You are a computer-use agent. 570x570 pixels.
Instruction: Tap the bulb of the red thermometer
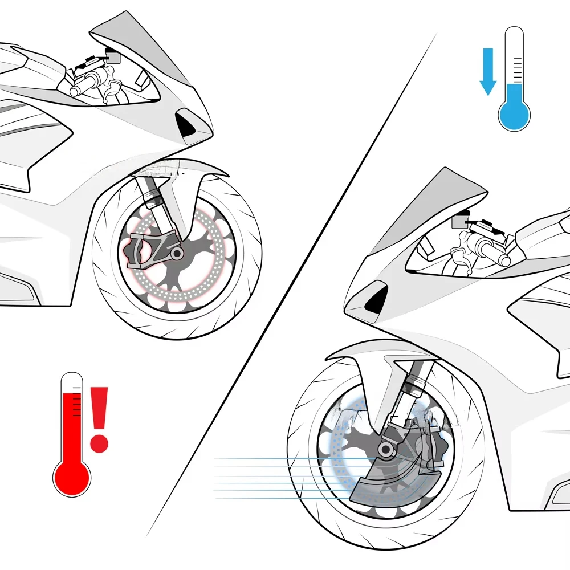pyautogui.click(x=72, y=475)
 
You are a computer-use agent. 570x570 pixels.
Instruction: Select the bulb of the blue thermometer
pyautogui.click(x=514, y=112)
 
